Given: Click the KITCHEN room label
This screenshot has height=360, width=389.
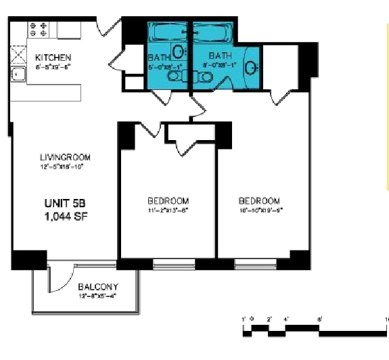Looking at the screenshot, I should pos(53,58).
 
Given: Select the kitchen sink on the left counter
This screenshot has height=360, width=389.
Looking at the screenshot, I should pos(18,74).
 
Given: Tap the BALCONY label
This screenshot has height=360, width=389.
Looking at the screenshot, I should pos(98,286).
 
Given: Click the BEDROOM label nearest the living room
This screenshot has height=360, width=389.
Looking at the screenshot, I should pos(168,201).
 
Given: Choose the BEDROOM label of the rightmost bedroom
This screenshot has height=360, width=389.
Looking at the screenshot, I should pos(259,201).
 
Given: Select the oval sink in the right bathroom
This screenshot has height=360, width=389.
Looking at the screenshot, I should pos(250,68).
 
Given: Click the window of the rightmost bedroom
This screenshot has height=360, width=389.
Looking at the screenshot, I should pos(255,261).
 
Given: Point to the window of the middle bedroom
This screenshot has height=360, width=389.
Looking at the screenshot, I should pos(175,261).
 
